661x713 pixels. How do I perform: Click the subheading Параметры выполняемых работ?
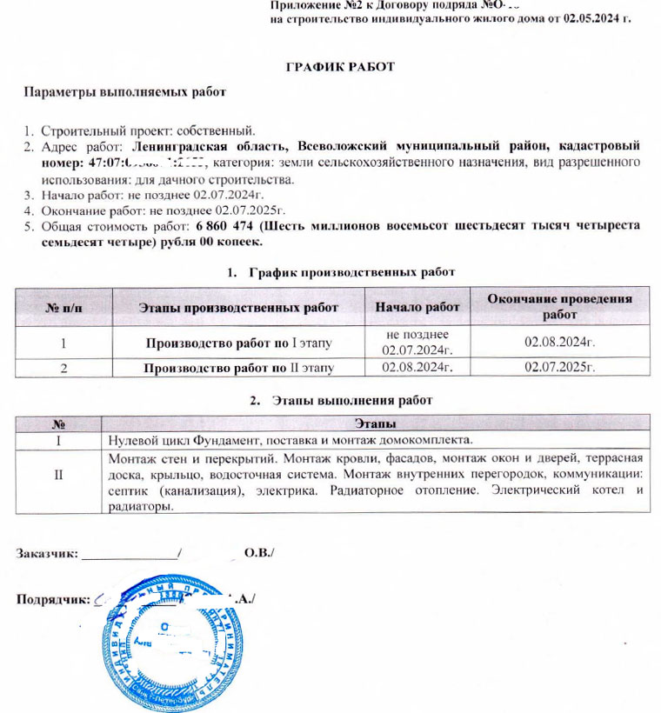click(124, 92)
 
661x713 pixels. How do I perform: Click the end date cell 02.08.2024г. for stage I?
click(559, 342)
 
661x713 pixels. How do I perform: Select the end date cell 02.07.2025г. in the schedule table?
click(559, 369)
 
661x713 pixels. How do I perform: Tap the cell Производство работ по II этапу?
click(239, 369)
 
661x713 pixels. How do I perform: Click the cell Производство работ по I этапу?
click(239, 342)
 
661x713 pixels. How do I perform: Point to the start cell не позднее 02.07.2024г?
click(417, 342)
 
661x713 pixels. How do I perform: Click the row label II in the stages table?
click(57, 481)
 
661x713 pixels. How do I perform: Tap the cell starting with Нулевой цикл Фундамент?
click(287, 439)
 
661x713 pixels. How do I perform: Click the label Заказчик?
click(48, 552)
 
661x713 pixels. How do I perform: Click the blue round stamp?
click(174, 648)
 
